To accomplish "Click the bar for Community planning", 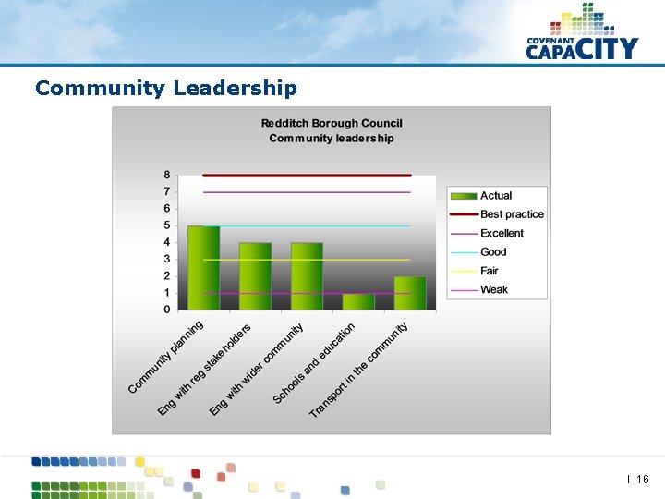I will pyautogui.click(x=203, y=268).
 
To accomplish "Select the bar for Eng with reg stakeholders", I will pyautogui.click(x=255, y=276).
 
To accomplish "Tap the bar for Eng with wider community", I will pyautogui.click(x=307, y=276).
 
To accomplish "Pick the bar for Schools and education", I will pyautogui.click(x=358, y=301).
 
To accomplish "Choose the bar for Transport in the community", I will pyautogui.click(x=410, y=293).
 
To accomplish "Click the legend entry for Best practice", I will pyautogui.click(x=512, y=214).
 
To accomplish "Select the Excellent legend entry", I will pyautogui.click(x=502, y=233).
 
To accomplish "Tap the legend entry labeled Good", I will pyautogui.click(x=493, y=252).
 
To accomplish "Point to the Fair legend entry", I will pyautogui.click(x=490, y=271).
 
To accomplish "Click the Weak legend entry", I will pyautogui.click(x=494, y=290).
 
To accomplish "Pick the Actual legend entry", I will pyautogui.click(x=496, y=195).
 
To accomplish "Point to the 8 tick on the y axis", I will pyautogui.click(x=167, y=175).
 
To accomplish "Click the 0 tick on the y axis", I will pyautogui.click(x=167, y=310).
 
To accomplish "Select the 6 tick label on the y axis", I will pyautogui.click(x=167, y=209).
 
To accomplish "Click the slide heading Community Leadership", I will pyautogui.click(x=166, y=89).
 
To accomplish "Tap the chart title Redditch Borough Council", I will pyautogui.click(x=332, y=123).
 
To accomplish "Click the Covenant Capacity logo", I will pyautogui.click(x=582, y=35).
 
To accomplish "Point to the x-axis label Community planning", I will pyautogui.click(x=167, y=357).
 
